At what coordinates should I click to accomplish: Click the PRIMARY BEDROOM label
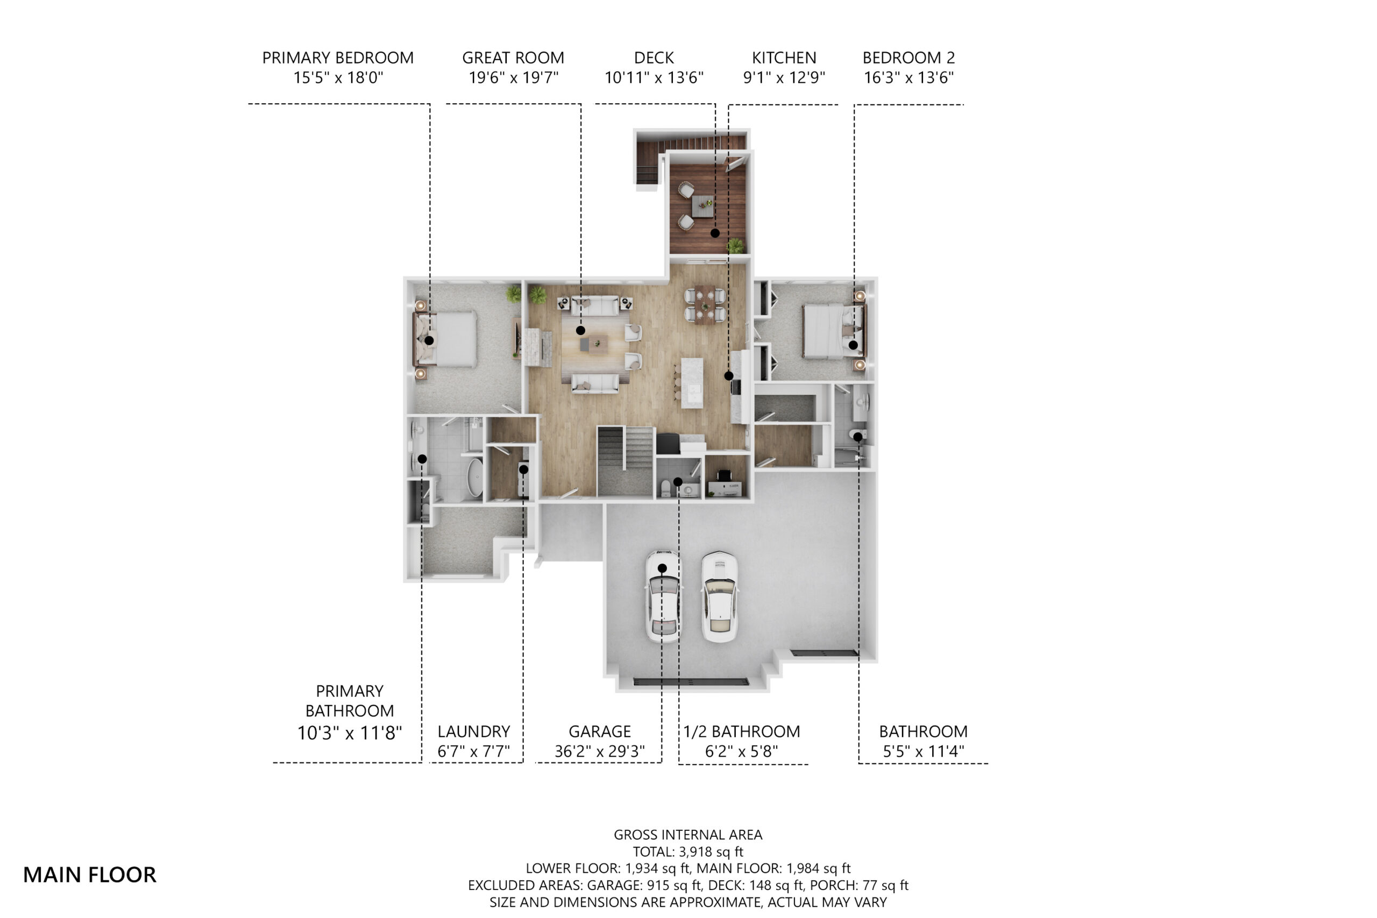[x=338, y=58]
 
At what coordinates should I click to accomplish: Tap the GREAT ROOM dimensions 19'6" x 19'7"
[x=514, y=77]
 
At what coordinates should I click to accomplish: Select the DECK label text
[x=654, y=58]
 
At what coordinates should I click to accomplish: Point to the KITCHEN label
[x=784, y=58]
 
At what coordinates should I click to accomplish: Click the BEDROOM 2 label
[x=908, y=58]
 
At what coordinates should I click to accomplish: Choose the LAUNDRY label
[x=474, y=732]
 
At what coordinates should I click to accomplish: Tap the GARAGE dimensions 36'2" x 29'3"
[x=600, y=751]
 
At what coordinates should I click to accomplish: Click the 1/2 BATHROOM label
[x=742, y=732]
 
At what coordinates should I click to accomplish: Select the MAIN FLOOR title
[x=90, y=874]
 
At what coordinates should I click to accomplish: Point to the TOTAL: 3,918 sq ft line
[x=688, y=851]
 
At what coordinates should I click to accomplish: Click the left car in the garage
[x=663, y=596]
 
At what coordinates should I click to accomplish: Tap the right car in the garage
[x=720, y=596]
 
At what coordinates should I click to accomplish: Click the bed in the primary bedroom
[x=445, y=339]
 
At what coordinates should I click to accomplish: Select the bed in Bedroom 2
[x=832, y=330]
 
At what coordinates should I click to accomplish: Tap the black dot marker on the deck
[x=715, y=233]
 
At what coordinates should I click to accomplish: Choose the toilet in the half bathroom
[x=666, y=488]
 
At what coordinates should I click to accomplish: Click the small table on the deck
[x=702, y=206]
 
